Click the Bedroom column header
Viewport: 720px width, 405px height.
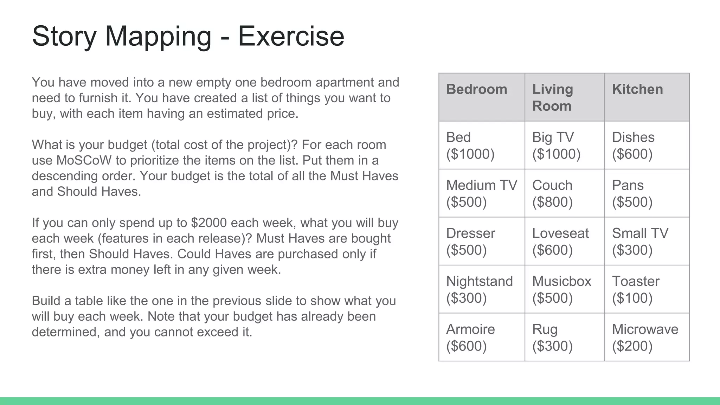point(482,97)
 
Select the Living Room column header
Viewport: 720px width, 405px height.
point(564,97)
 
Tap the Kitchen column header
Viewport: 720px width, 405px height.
point(647,97)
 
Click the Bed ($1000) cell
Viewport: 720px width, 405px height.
point(482,145)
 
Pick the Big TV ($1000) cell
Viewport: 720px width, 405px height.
point(564,145)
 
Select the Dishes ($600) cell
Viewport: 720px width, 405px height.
point(647,145)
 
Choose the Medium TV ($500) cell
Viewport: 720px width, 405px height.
point(482,193)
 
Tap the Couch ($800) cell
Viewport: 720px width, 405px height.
point(564,193)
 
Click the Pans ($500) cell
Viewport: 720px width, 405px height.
point(647,193)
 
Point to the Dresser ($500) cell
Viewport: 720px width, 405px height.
point(482,241)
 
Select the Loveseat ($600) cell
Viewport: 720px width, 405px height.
point(564,241)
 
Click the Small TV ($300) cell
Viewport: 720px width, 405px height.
point(647,241)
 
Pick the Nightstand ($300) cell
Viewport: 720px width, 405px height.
point(482,289)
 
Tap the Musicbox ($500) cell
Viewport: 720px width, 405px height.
point(564,289)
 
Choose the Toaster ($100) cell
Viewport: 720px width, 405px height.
point(647,289)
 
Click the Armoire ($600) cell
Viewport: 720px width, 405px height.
point(482,337)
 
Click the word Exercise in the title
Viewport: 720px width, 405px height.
point(291,36)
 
